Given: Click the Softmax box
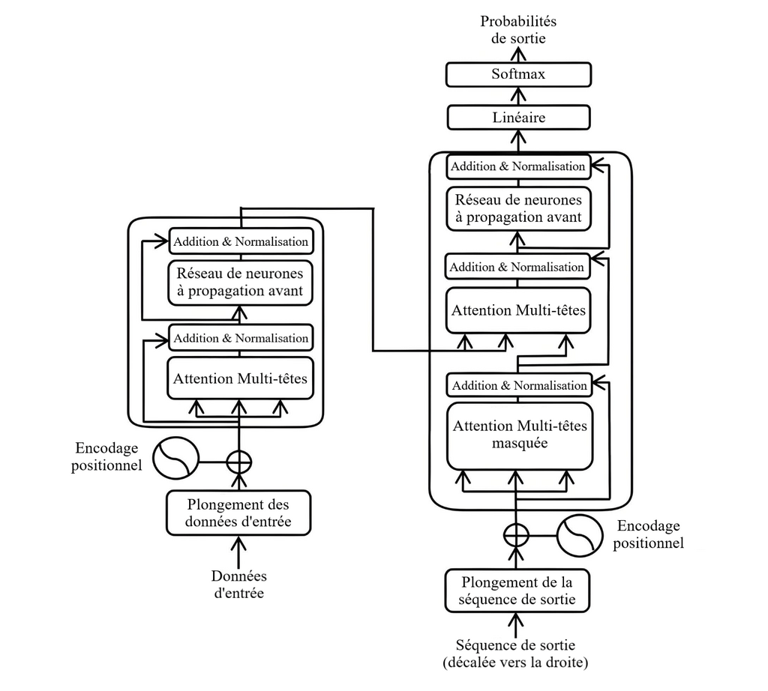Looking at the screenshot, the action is [518, 74].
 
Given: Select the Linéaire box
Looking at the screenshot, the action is [519, 118].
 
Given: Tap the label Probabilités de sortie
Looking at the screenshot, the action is [518, 30].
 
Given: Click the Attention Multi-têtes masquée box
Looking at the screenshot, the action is [520, 435].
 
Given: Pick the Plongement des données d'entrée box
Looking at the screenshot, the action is [238, 513].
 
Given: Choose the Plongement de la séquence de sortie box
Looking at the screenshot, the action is [517, 591].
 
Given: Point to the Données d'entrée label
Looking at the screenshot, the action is [239, 585].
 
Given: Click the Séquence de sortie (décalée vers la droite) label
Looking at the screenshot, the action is [516, 654].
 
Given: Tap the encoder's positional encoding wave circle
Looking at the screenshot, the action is [175, 459].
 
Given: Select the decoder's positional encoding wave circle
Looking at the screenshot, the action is [580, 535].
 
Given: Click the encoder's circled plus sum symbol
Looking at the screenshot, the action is [239, 462].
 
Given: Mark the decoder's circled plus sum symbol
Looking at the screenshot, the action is [516, 535].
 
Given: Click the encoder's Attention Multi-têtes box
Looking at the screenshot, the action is [240, 378].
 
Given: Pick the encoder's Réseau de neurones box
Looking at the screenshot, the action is [240, 283].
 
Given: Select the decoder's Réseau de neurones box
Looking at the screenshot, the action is [519, 208].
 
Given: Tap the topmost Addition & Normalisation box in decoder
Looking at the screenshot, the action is [518, 166].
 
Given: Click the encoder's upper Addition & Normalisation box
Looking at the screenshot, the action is [241, 241].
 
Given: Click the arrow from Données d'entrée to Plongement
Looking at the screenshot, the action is [238, 552].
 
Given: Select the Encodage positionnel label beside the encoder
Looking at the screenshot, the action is [106, 456].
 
